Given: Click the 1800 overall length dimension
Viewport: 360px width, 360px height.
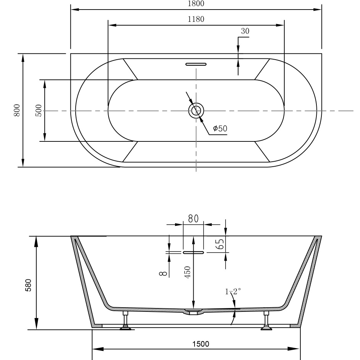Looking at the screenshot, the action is pyautogui.click(x=196, y=4).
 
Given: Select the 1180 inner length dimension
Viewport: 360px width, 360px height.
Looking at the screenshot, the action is pyautogui.click(x=196, y=19).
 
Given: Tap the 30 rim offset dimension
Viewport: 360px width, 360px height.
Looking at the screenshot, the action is pyautogui.click(x=245, y=31).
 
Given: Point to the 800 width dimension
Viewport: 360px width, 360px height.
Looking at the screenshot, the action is pyautogui.click(x=17, y=110).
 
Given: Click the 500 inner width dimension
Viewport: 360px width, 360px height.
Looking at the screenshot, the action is pyautogui.click(x=39, y=110).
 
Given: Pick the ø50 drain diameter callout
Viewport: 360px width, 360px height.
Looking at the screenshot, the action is pyautogui.click(x=220, y=128).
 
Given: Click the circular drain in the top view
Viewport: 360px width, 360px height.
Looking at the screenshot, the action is pyautogui.click(x=196, y=111).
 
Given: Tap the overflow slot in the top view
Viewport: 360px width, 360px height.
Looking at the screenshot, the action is pyautogui.click(x=196, y=64).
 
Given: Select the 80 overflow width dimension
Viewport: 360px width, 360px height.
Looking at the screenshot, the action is pyautogui.click(x=193, y=219).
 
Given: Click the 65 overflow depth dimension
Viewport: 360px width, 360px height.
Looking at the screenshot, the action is pyautogui.click(x=220, y=244).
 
